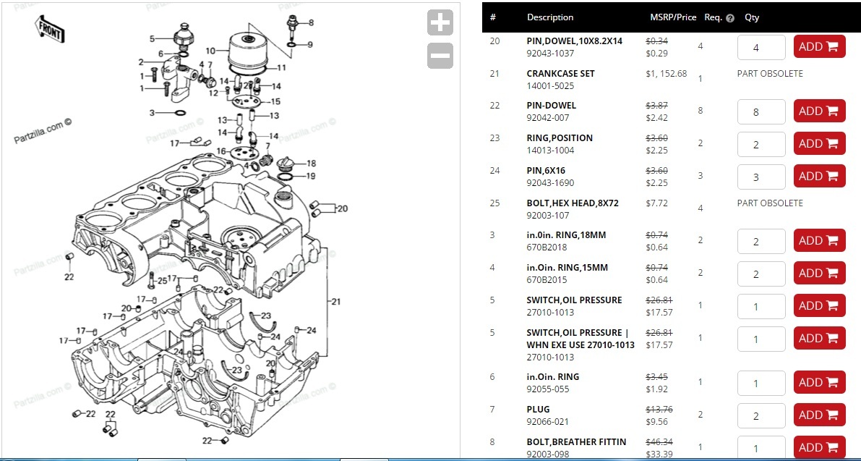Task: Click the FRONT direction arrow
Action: pyautogui.click(x=50, y=29)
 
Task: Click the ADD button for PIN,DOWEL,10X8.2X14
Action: pyautogui.click(x=819, y=47)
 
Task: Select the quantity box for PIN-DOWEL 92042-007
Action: pyautogui.click(x=761, y=111)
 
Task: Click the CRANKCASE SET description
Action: pyautogui.click(x=560, y=74)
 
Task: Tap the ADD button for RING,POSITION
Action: pyautogui.click(x=819, y=143)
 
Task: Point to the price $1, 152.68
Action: pyautogui.click(x=666, y=74)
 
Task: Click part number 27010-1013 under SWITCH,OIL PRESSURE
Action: pyautogui.click(x=550, y=312)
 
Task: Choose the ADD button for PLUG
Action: pyautogui.click(x=819, y=415)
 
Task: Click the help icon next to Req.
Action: pyautogui.click(x=729, y=18)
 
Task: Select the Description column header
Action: pyautogui.click(x=550, y=17)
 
